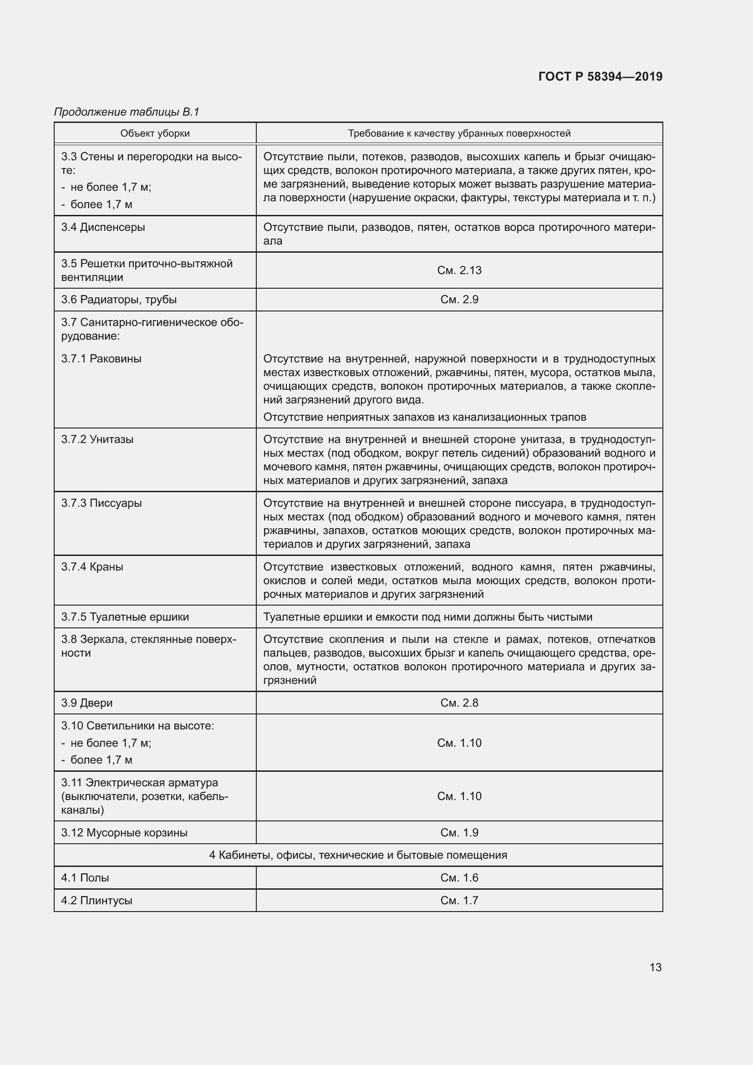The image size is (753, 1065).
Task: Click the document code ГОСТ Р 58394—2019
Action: click(x=600, y=76)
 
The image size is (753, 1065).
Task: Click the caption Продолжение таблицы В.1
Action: click(x=127, y=112)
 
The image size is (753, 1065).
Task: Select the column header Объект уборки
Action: click(x=155, y=133)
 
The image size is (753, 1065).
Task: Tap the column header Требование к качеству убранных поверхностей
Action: click(x=459, y=133)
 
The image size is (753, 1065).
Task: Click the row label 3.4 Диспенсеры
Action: click(x=103, y=227)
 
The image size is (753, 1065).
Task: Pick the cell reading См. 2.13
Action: click(x=459, y=270)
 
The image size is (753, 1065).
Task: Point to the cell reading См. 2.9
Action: click(x=459, y=300)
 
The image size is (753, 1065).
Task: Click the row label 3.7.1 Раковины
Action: click(x=101, y=358)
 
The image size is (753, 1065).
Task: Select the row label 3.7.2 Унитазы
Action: click(x=97, y=439)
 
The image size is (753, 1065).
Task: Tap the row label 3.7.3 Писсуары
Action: click(x=102, y=503)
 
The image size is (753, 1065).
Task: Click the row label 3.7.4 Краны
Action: click(x=92, y=567)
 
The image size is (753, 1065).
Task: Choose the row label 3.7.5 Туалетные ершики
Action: click(x=125, y=617)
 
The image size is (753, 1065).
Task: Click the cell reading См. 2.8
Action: click(x=459, y=703)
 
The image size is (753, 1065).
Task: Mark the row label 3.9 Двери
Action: click(x=86, y=703)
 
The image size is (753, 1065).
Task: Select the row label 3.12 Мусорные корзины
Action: click(x=124, y=833)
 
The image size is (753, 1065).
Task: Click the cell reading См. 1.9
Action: click(x=459, y=833)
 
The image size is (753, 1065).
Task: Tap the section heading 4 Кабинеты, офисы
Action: click(x=358, y=855)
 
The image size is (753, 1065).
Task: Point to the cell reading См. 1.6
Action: click(x=459, y=877)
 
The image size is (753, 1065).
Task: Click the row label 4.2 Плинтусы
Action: click(x=97, y=900)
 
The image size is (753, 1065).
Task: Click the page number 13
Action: click(x=655, y=967)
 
